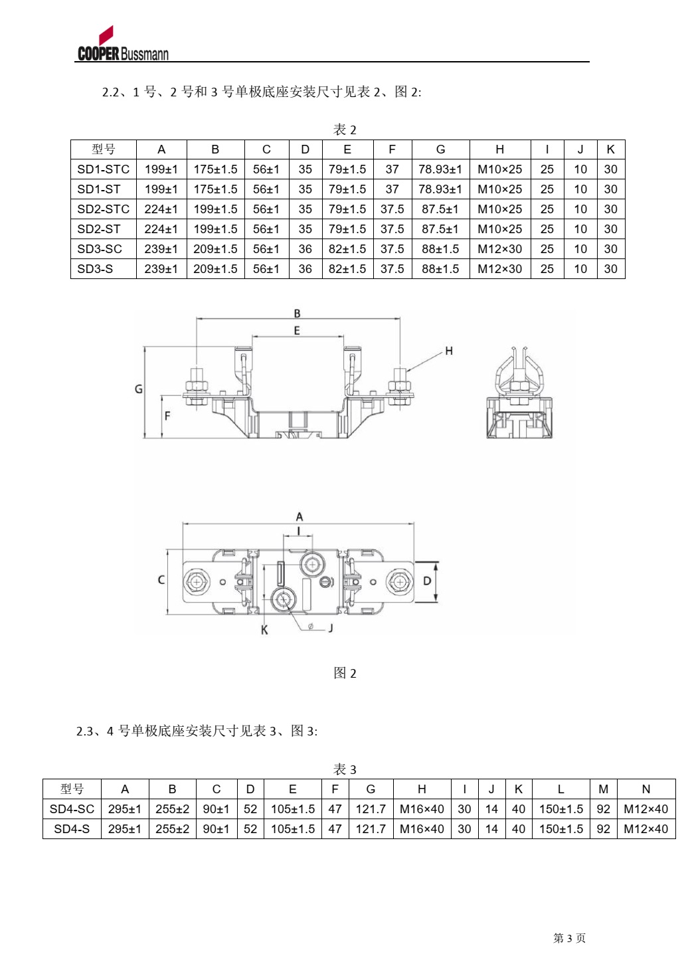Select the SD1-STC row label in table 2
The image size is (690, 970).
click(x=103, y=169)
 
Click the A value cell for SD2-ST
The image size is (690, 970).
click(x=161, y=229)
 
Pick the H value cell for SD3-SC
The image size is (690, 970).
click(x=499, y=249)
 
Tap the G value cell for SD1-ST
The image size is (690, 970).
click(x=440, y=189)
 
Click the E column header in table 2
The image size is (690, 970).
click(x=347, y=149)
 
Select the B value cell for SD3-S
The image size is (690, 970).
click(x=215, y=269)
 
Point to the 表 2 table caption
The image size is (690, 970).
click(x=345, y=130)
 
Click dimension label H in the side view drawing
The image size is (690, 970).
click(x=449, y=351)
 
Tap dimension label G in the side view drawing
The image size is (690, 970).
click(x=139, y=389)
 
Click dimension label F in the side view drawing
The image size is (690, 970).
click(x=167, y=416)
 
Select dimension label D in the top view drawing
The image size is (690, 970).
click(x=427, y=581)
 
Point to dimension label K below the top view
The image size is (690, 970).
click(x=264, y=630)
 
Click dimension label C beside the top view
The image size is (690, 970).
click(x=161, y=580)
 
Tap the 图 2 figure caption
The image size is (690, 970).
click(x=345, y=673)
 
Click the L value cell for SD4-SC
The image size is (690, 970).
click(x=561, y=809)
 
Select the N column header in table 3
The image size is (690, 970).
click(x=646, y=789)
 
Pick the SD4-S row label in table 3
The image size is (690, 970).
click(x=72, y=829)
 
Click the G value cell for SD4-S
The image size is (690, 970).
click(x=371, y=829)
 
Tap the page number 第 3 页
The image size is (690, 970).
click(x=569, y=938)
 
